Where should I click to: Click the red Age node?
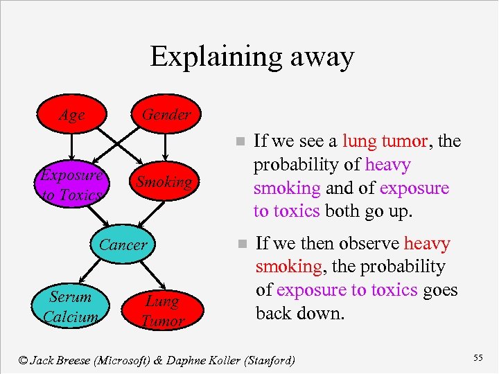71,115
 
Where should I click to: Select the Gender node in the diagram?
166,114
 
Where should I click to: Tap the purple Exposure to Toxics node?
71,185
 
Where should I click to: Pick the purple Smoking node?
164,182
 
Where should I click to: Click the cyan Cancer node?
123,244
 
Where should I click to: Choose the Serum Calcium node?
70,307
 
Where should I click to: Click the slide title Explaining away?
252,56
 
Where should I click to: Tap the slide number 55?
478,357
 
